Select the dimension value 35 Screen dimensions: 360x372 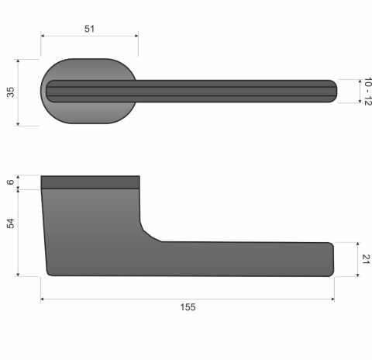tap(10, 92)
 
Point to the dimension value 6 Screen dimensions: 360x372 tap(10, 182)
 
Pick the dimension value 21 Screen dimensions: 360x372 tap(367, 258)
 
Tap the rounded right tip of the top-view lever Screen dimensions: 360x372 tap(333, 92)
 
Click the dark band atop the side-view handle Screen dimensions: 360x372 tap(89, 182)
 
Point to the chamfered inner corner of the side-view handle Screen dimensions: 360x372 tap(149, 232)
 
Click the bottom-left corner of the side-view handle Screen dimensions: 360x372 tap(49, 272)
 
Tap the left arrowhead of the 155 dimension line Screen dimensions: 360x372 tap(43, 299)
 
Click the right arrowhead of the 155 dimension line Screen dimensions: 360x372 tap(332, 299)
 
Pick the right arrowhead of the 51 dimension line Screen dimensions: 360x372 tap(136, 36)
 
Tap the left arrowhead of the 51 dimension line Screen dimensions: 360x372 tap(43, 36)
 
